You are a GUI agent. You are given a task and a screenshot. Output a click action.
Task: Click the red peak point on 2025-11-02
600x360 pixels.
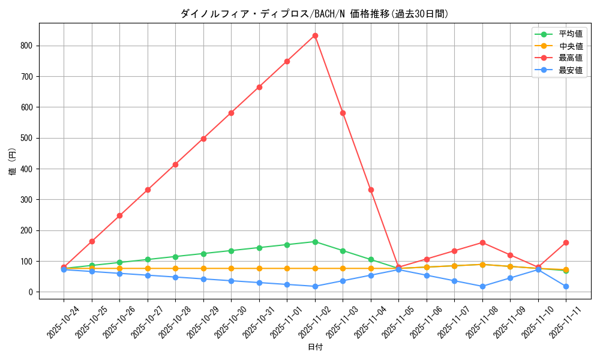click(x=315, y=36)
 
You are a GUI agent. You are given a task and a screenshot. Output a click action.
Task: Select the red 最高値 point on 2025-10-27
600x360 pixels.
click(x=148, y=190)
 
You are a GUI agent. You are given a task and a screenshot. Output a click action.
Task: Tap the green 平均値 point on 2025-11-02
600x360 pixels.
click(x=315, y=242)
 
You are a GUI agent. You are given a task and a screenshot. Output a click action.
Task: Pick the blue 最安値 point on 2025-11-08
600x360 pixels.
click(x=482, y=286)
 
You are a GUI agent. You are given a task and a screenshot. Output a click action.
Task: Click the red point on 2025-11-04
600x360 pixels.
click(x=371, y=190)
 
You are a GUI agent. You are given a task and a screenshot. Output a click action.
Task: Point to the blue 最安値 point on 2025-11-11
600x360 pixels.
click(x=566, y=286)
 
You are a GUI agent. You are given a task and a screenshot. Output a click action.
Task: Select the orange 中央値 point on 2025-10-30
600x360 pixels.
click(x=231, y=268)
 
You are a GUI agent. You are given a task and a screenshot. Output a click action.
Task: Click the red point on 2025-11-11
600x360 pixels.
click(x=566, y=242)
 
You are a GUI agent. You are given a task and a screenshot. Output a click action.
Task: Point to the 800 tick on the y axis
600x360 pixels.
click(x=28, y=46)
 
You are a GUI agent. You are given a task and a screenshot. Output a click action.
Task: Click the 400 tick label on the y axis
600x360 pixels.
click(x=28, y=169)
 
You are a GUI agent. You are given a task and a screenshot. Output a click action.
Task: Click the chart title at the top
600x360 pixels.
click(x=314, y=14)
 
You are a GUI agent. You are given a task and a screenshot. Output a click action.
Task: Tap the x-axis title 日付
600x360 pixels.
click(x=315, y=347)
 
